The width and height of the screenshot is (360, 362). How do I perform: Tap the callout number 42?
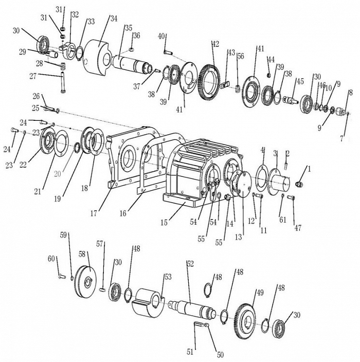pos(215,44)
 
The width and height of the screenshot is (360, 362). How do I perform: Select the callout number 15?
pos(164,223)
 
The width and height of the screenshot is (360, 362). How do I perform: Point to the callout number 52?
pos(190,264)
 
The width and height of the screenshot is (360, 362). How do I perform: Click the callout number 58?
pos(82,254)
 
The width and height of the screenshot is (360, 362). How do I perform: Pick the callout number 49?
pos(260,293)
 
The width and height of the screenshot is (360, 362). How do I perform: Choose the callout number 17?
pos(94,213)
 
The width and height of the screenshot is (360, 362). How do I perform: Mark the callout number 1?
pos(309,169)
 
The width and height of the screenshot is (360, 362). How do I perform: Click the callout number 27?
pos(33,76)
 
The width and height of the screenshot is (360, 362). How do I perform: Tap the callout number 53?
pos(168,277)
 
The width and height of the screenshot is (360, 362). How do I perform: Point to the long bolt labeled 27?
pos(62,82)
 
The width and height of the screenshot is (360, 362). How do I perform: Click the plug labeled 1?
pos(299,184)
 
